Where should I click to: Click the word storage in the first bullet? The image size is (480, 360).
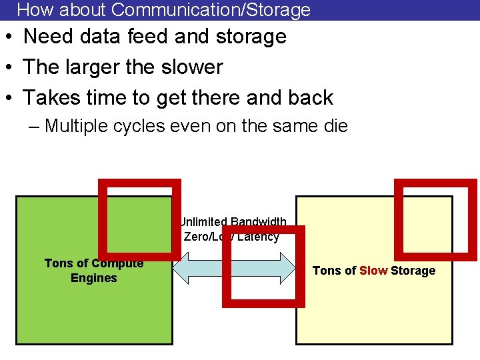coord(249,36)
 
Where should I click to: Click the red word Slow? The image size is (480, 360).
coord(373,271)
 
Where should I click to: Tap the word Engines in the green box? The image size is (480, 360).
coord(93,278)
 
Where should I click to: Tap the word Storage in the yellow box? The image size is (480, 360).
coord(413,271)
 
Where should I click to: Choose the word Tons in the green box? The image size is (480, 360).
coord(58,263)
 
